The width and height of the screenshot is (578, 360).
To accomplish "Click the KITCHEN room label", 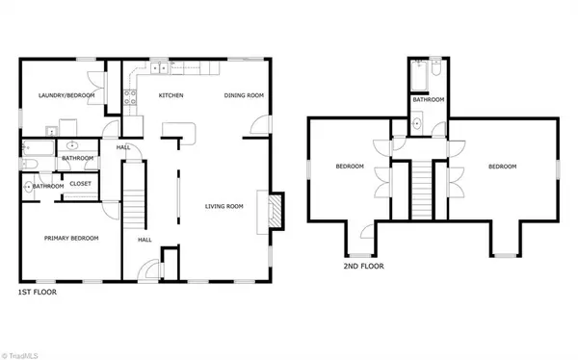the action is coord(171,95).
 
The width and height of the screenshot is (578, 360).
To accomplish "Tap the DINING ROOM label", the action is coord(244,95).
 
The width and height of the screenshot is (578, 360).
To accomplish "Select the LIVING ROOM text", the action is coord(224,206).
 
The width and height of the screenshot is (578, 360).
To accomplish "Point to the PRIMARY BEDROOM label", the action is coord(71,239).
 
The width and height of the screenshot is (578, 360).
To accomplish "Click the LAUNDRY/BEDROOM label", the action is coord(66,95).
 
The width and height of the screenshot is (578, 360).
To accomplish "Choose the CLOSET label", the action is coord(80,184).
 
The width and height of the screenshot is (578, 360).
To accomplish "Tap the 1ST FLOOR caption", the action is coord(38,293).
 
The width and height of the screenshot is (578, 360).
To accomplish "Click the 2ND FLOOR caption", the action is coord(363,266).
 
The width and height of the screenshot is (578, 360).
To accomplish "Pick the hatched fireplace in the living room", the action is coord(275,212).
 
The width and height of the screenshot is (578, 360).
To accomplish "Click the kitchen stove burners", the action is coord(130,97).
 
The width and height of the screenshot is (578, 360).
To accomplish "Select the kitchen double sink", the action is coord(159,68).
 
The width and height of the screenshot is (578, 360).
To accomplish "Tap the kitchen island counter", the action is coord(179,133).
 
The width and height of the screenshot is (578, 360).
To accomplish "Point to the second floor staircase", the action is coord(421,191).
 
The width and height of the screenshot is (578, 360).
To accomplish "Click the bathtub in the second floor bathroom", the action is coord(419,76).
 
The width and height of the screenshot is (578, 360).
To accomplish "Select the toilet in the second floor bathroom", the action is coord(436,67).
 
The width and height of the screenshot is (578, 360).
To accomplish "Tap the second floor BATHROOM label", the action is coord(429,100).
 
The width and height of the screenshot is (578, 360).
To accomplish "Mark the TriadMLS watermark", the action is coord(19,356).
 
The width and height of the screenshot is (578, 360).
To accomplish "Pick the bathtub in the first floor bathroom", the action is coord(38,148).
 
